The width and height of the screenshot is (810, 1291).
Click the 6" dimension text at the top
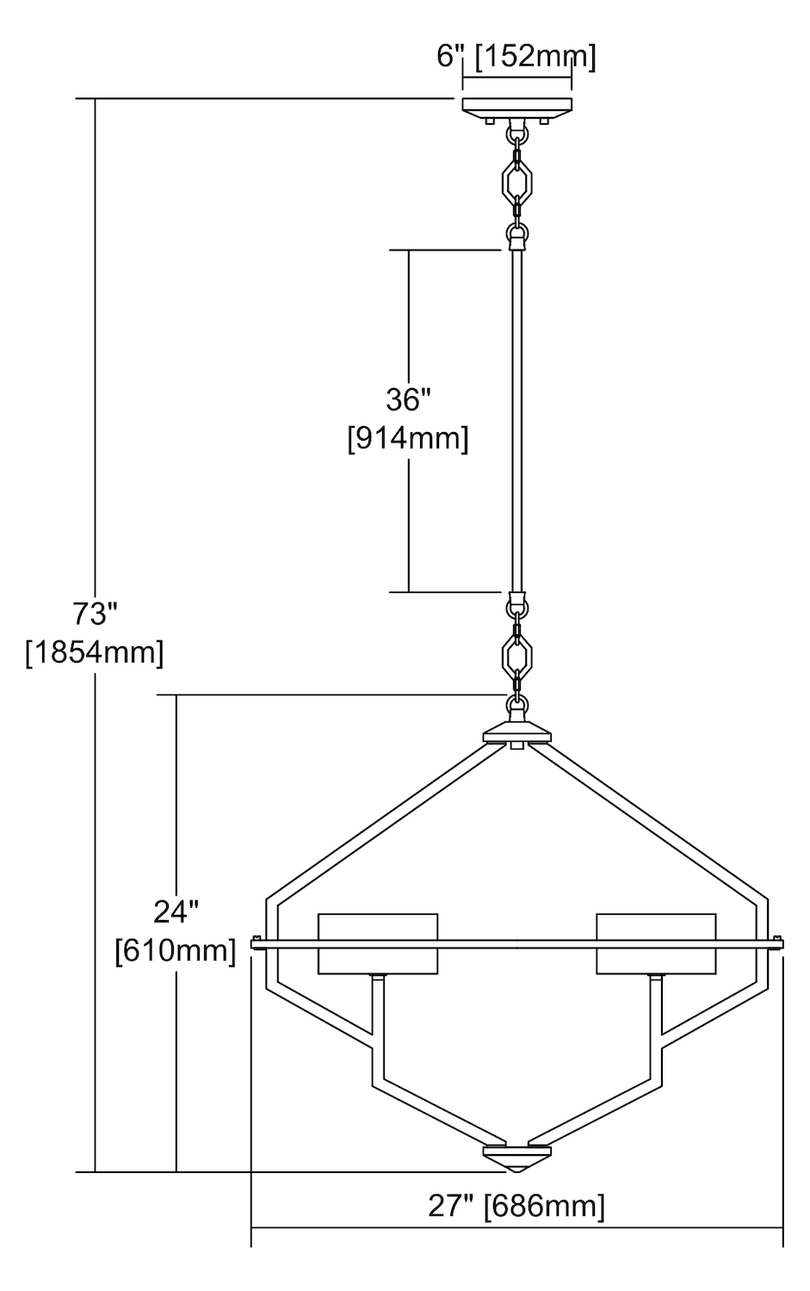450,58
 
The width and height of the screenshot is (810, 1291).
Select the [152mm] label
535,58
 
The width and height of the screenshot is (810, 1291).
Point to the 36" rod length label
409,399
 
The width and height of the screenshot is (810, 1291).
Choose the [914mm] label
408,440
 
